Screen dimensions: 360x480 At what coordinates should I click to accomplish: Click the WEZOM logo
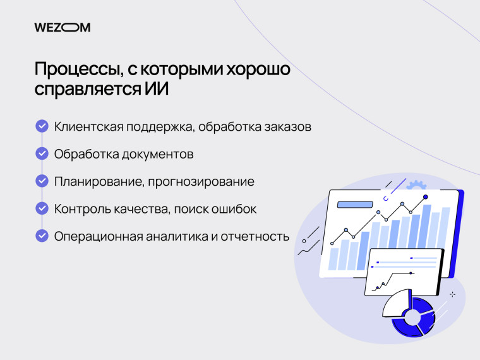(x=63, y=27)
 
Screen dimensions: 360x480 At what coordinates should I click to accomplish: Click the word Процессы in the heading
(x=75, y=69)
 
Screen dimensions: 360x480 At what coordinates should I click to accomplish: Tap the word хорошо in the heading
(x=255, y=69)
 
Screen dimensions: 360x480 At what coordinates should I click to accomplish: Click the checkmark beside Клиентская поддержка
(x=42, y=126)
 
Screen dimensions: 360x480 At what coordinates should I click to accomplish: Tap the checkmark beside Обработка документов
(x=42, y=153)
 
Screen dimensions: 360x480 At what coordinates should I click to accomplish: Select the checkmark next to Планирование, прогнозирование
(x=42, y=181)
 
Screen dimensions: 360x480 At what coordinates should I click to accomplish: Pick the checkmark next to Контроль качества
(x=42, y=208)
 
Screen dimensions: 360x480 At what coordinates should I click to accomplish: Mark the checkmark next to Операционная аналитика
(x=42, y=236)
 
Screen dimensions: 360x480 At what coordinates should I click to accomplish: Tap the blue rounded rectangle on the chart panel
(x=356, y=204)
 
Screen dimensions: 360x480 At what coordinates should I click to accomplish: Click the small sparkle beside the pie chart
(x=452, y=294)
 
